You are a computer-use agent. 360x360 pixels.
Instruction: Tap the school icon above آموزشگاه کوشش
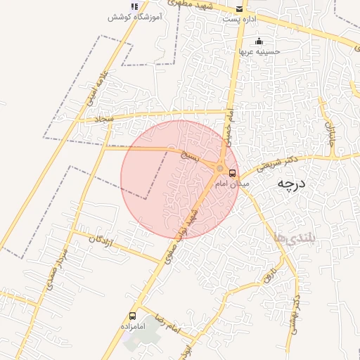[x=134, y=6]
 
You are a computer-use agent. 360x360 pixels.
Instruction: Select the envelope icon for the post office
[x=240, y=8]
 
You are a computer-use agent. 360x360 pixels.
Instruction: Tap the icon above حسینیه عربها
[x=259, y=41]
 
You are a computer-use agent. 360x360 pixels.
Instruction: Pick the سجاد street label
[x=105, y=120]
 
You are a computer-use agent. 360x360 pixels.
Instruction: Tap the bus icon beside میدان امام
[x=233, y=173]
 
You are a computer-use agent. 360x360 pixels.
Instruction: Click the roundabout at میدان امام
[x=221, y=169]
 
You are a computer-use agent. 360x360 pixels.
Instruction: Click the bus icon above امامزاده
[x=133, y=316]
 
